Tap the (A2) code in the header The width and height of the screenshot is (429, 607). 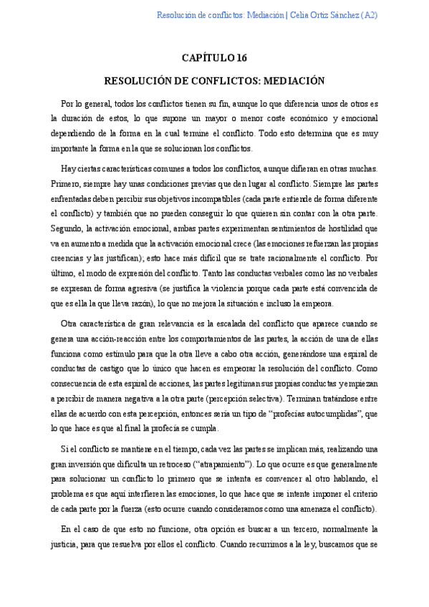point(370,15)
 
